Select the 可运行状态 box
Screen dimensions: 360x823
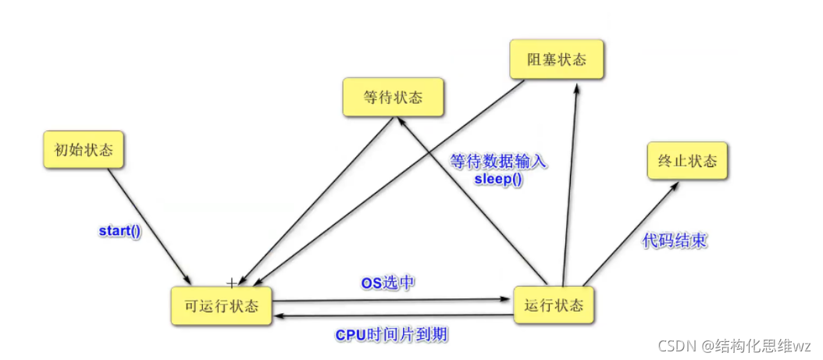click(222, 305)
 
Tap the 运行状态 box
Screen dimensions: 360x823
click(554, 305)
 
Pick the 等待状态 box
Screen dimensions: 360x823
click(393, 98)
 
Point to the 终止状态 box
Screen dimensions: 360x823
click(687, 162)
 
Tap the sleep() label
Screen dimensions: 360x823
click(498, 178)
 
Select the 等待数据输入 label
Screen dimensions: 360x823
click(499, 162)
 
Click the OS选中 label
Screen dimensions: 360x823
click(387, 282)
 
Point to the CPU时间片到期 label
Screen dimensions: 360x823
click(392, 334)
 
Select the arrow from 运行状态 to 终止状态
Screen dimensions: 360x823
click(629, 234)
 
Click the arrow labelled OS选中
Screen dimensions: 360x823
click(390, 299)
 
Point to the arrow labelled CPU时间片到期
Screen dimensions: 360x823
click(390, 315)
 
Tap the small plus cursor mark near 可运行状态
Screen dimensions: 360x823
click(231, 281)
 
